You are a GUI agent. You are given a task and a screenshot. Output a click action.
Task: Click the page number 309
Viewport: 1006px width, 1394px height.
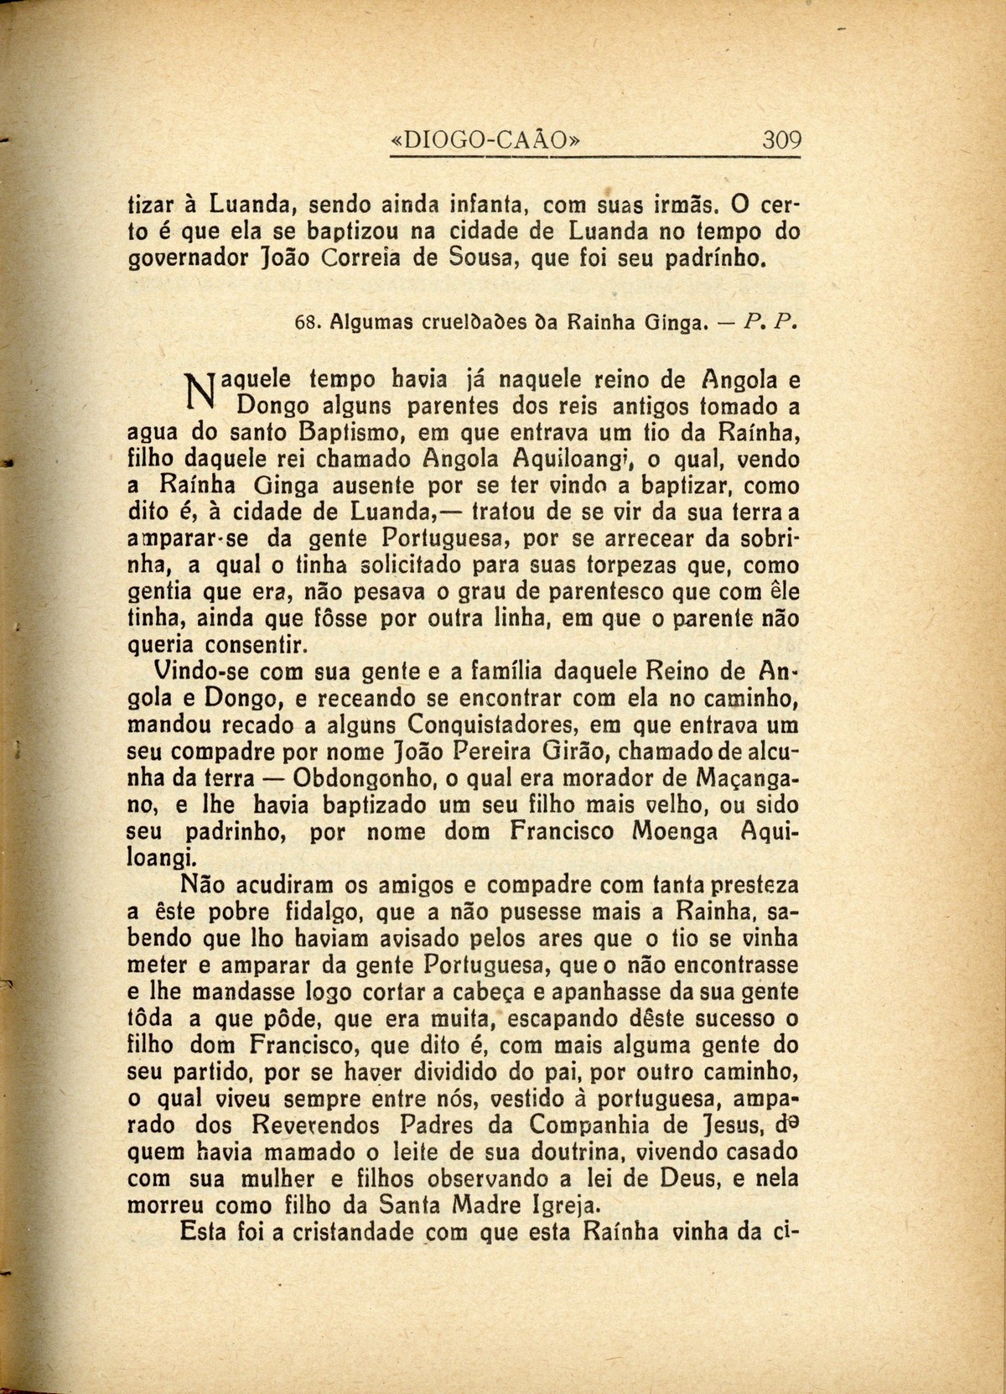coord(781,139)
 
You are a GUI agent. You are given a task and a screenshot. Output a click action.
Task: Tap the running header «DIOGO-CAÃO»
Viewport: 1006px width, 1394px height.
coord(486,140)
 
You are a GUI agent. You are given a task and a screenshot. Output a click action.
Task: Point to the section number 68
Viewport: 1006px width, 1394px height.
coord(309,321)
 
